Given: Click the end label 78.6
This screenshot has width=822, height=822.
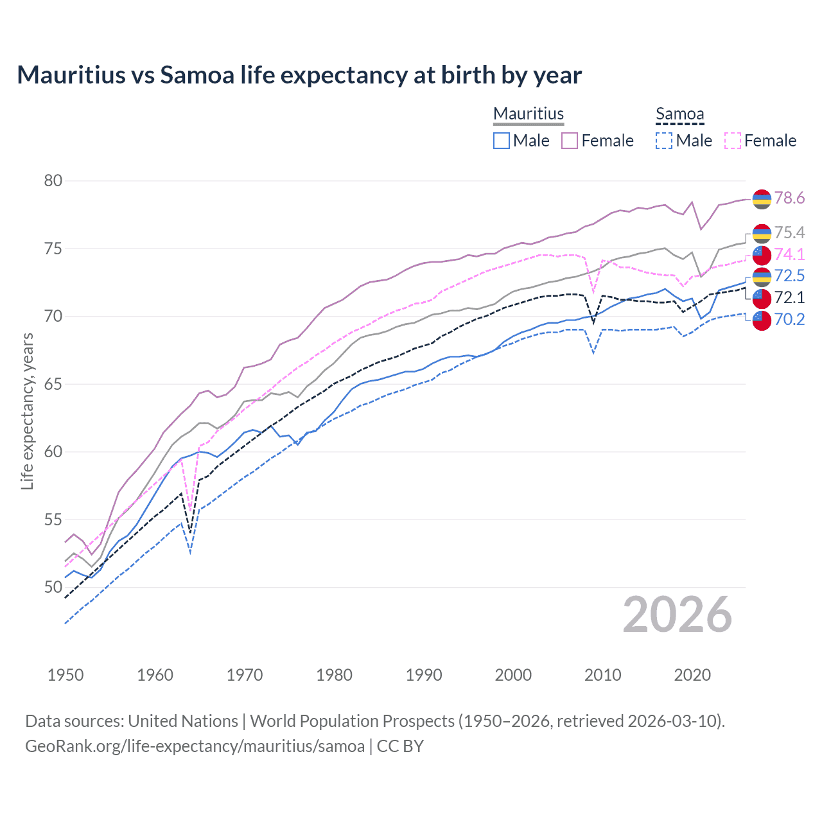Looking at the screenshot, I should [789, 198].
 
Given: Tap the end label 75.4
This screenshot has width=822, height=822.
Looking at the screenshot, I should [789, 232].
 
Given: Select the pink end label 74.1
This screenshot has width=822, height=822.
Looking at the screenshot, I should [789, 254].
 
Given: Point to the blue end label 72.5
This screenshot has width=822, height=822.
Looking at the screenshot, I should [789, 275].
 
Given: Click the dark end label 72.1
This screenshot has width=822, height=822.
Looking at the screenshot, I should [789, 297].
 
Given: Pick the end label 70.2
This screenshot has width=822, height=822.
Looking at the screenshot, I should [789, 319].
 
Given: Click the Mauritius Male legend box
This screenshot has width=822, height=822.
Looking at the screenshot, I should [502, 141].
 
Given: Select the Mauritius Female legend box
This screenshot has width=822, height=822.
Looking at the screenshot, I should [570, 141].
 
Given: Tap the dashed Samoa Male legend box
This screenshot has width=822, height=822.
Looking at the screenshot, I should [664, 141].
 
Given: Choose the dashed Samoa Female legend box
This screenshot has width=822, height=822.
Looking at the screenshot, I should [733, 141].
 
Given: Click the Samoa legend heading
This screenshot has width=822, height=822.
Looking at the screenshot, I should [679, 114].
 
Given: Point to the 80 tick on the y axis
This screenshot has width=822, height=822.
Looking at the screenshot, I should [53, 181].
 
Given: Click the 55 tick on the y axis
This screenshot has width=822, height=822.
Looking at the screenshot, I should [53, 520].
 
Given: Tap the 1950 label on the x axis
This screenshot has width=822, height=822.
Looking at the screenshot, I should [66, 675].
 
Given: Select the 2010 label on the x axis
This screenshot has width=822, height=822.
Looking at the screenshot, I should [602, 675].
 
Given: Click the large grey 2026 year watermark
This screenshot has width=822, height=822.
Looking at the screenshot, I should [677, 615].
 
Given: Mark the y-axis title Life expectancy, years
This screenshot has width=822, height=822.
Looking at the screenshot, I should [27, 411].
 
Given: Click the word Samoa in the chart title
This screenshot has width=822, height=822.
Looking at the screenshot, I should [197, 75].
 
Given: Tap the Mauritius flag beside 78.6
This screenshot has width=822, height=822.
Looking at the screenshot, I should [762, 199].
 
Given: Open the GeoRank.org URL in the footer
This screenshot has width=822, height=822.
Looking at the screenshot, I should [195, 746].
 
